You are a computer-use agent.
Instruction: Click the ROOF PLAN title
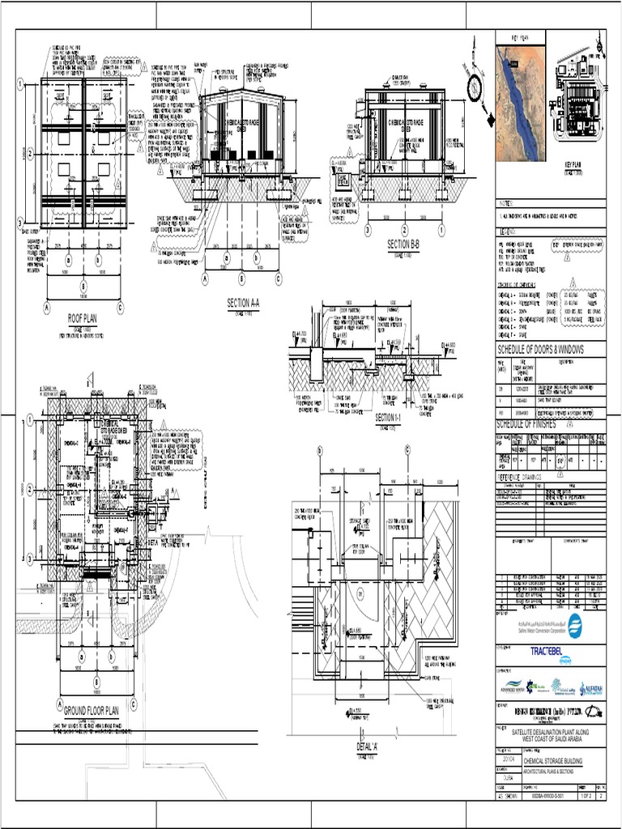[x=82, y=319]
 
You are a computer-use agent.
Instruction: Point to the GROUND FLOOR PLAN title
[x=86, y=711]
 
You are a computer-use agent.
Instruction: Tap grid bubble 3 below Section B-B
[x=368, y=230]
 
